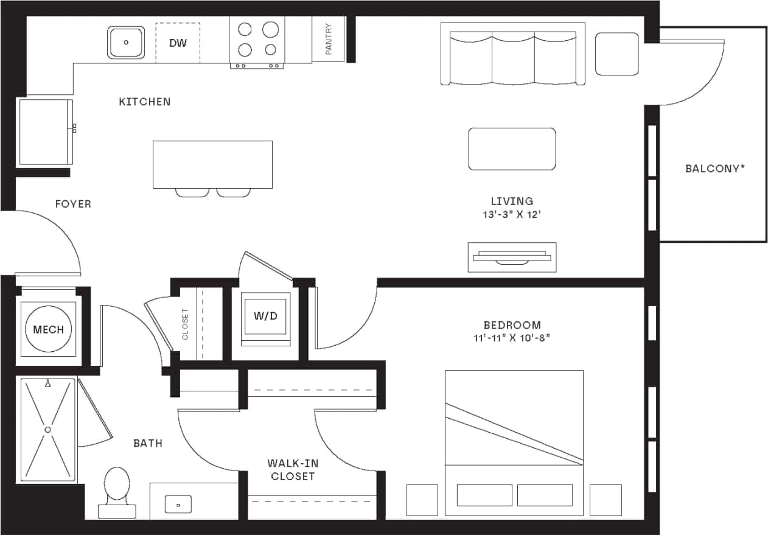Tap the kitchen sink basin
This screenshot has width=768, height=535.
pos(127,43)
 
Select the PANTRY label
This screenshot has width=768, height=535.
pos(329,40)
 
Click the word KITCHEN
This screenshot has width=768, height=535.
pos(145,102)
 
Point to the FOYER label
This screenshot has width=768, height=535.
pos(73,204)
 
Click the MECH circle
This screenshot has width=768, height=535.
pos(48,329)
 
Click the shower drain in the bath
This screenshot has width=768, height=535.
pos(47,429)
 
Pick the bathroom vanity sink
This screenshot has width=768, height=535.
pos(178,504)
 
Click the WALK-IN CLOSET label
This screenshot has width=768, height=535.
pos(293,470)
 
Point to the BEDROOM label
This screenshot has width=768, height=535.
pos(512,325)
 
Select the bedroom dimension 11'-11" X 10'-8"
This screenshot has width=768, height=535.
pos(512,338)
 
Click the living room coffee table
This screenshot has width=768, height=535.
pos(512,149)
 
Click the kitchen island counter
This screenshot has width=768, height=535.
pos(212,164)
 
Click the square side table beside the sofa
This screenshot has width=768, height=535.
pos(616,54)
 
